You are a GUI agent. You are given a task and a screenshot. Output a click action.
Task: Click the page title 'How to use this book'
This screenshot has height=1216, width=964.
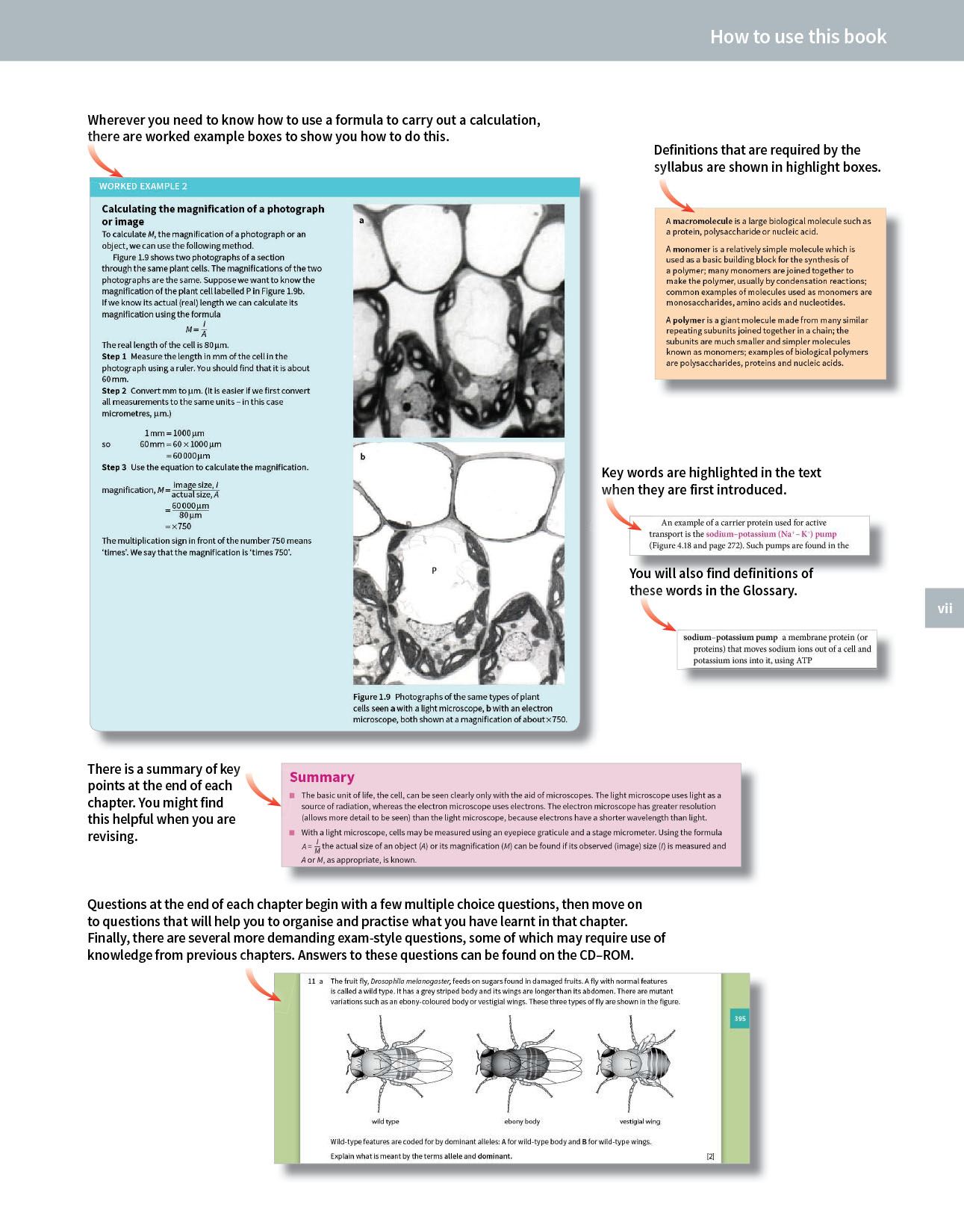point(797,37)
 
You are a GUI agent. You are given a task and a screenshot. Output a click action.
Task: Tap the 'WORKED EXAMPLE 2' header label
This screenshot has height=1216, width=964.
point(143,187)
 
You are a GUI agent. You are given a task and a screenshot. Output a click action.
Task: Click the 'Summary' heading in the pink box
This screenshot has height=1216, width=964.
point(322,777)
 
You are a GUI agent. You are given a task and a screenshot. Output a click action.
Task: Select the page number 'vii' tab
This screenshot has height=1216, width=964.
point(945,608)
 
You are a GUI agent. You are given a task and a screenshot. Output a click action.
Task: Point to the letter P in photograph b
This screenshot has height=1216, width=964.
point(434,570)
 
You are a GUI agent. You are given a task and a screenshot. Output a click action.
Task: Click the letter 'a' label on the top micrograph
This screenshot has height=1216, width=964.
point(362,220)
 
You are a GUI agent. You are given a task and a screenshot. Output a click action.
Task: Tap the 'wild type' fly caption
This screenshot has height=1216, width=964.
point(385,1121)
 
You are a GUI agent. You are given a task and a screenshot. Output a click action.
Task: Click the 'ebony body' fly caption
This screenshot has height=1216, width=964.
point(522,1121)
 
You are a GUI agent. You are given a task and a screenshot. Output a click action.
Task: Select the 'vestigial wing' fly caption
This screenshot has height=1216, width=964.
point(640,1121)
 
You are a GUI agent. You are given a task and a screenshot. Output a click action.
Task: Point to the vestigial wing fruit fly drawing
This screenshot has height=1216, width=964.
point(636,1061)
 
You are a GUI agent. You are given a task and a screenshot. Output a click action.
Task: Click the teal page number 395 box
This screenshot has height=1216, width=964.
point(739,1018)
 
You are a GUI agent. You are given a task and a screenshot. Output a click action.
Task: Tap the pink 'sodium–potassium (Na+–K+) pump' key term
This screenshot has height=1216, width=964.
point(771,534)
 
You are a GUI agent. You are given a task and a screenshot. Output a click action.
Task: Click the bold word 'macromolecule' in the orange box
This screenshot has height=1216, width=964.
point(702,221)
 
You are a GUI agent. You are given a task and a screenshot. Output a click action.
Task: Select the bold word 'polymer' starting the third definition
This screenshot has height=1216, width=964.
point(688,320)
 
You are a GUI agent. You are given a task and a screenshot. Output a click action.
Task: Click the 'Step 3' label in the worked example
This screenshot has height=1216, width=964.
point(114,468)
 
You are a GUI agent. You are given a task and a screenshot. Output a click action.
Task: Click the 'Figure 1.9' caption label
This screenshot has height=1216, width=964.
point(372,697)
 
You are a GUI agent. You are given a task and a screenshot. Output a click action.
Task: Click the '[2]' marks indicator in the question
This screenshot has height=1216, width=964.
point(710,1156)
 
